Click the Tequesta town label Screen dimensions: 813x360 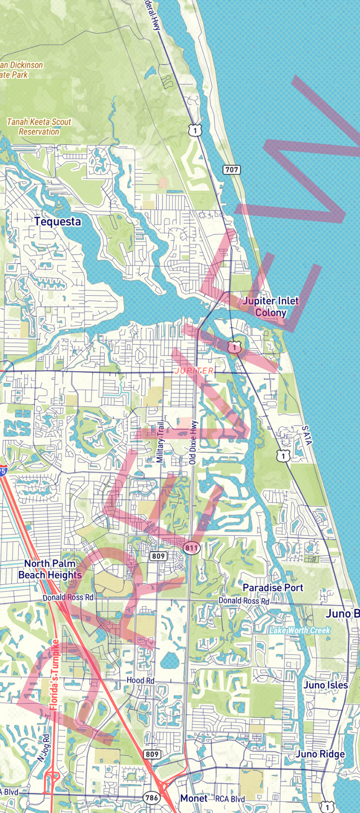pos(57,222)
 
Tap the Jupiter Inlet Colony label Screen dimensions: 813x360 pos(271,307)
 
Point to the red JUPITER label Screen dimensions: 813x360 pos(194,371)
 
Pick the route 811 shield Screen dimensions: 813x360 pos(191,547)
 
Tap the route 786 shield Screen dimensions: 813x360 pos(151,797)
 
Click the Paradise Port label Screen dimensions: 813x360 pos(273,588)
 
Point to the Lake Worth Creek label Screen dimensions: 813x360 pos(299,630)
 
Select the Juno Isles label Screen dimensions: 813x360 pos(326,685)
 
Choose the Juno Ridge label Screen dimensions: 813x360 pos(320,754)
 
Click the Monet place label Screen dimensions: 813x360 pos(194,798)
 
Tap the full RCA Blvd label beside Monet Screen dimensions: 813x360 pos(230,798)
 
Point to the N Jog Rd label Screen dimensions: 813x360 pos(43,745)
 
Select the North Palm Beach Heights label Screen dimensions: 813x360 pos(49,569)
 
